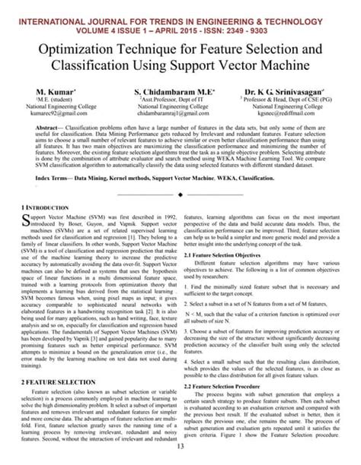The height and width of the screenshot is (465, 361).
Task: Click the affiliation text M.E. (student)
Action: tap(42, 101)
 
